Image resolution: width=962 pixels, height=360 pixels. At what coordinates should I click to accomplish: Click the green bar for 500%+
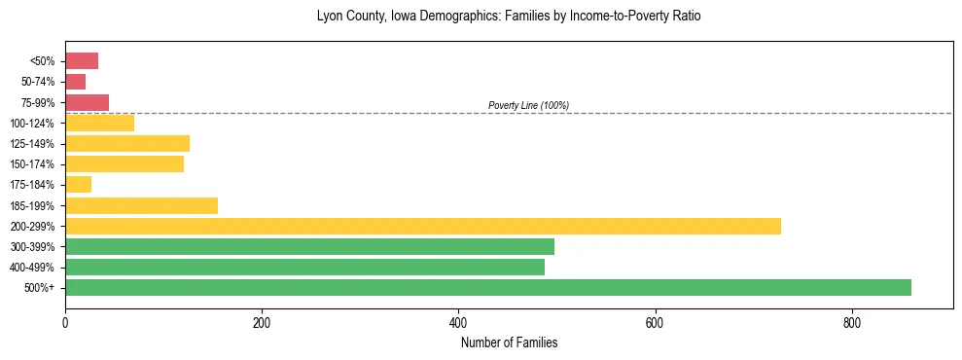[487, 287]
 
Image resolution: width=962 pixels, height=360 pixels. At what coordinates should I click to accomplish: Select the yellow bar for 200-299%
[422, 226]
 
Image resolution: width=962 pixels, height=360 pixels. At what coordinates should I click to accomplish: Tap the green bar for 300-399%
[309, 246]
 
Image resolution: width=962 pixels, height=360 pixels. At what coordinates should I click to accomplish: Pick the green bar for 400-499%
[304, 267]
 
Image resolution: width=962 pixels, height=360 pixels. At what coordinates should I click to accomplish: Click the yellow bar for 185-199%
[141, 205]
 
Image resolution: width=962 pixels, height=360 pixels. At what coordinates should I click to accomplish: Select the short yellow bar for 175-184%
[78, 185]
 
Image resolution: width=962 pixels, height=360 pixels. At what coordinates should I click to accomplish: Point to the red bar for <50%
[82, 61]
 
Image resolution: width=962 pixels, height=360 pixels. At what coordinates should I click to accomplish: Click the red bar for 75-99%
[87, 102]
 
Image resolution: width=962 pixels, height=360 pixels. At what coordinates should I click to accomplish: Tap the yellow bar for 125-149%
[127, 144]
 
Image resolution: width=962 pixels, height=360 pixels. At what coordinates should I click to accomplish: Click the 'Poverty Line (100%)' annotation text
[528, 105]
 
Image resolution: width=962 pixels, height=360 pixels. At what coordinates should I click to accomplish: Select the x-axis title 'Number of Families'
[509, 342]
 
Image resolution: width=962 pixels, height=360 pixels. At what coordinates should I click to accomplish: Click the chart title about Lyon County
[509, 17]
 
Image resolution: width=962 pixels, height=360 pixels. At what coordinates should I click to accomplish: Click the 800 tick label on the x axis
[851, 322]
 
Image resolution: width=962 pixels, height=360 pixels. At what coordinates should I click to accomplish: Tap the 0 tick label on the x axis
[65, 322]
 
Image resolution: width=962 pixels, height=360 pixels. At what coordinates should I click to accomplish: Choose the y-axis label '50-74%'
[39, 82]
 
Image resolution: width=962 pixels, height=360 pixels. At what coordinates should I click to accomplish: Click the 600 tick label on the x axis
[655, 322]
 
